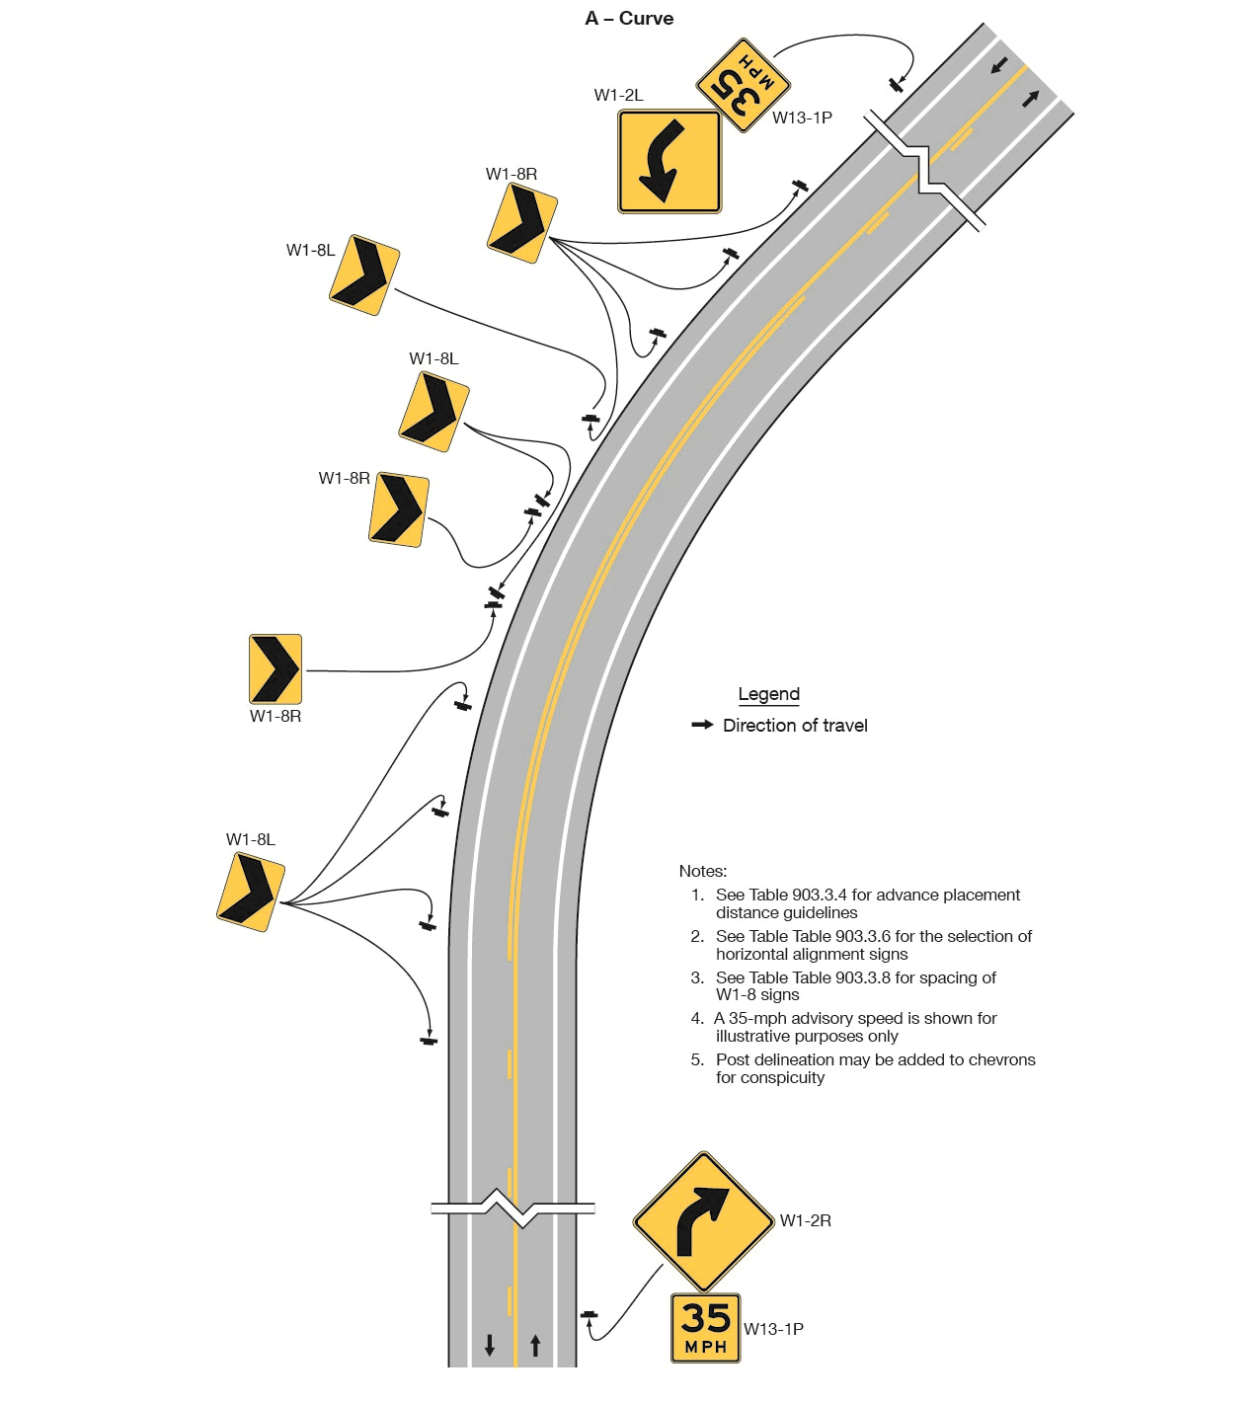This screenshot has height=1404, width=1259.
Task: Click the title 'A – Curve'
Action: coord(629,19)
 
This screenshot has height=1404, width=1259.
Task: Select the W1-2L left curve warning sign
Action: coord(669,161)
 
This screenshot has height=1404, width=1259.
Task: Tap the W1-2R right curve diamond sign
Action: coord(703,1221)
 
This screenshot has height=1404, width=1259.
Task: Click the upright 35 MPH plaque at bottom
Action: coord(705,1328)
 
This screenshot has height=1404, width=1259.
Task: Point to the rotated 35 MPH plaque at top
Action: coord(744,85)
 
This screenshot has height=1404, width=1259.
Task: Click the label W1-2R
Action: coord(805,1221)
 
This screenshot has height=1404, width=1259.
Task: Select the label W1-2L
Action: coord(618,96)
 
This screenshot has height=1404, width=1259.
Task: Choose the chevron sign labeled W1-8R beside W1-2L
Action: coord(522,223)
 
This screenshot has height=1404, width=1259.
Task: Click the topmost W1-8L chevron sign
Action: coord(364,275)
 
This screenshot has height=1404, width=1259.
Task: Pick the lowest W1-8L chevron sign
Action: coord(251,893)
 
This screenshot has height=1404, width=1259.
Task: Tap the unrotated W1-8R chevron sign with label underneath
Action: coord(275,668)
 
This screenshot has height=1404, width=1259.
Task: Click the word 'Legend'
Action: coord(768,694)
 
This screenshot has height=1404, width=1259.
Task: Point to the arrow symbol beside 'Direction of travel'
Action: coord(702,725)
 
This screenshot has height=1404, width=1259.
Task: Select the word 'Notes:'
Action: coord(702,871)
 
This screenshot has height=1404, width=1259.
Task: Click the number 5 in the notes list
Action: coord(696,1059)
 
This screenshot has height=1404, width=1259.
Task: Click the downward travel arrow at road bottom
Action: coord(490,1345)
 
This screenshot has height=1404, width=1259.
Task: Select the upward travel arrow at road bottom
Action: coord(535,1345)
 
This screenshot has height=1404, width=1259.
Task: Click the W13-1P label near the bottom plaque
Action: coord(773,1329)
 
